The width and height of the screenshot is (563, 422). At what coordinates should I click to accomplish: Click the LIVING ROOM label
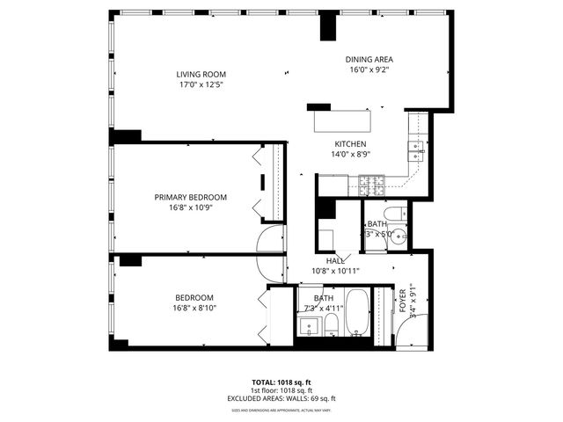[x=201, y=75]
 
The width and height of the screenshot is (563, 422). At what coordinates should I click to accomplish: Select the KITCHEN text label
[x=350, y=144]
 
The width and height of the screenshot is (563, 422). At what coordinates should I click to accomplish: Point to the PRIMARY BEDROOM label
[x=191, y=197]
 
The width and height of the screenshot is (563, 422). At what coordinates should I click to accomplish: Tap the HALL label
[x=335, y=261]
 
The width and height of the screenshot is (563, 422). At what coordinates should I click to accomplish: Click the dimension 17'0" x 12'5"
[x=201, y=85]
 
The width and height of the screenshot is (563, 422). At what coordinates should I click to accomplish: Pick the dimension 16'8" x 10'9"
[x=191, y=207]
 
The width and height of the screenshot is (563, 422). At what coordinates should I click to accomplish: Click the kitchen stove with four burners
[x=371, y=186]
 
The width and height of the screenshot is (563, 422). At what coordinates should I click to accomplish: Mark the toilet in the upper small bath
[x=397, y=212]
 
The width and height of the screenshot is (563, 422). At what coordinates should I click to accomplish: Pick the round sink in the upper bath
[x=398, y=236]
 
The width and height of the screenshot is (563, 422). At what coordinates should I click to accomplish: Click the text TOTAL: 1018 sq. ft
[x=281, y=382]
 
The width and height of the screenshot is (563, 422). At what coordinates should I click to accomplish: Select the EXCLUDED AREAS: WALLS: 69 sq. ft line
[x=281, y=397]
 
